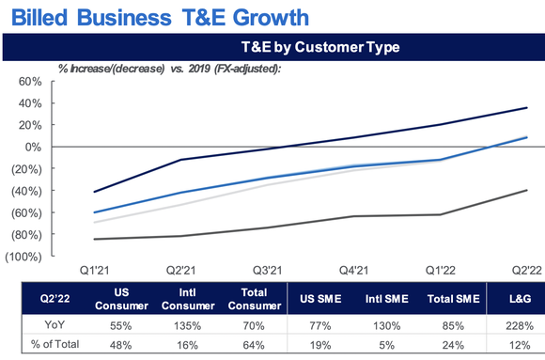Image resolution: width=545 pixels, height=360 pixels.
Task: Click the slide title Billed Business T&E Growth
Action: pyautogui.click(x=154, y=16)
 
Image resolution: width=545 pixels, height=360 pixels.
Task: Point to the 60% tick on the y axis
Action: pyautogui.click(x=28, y=82)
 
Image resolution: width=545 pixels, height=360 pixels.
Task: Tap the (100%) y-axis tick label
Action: pyautogui.click(x=25, y=257)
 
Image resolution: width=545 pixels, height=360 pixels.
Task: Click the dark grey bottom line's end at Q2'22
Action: pyautogui.click(x=524, y=190)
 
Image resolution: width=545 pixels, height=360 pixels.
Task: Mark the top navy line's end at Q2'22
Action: pyautogui.click(x=524, y=107)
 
